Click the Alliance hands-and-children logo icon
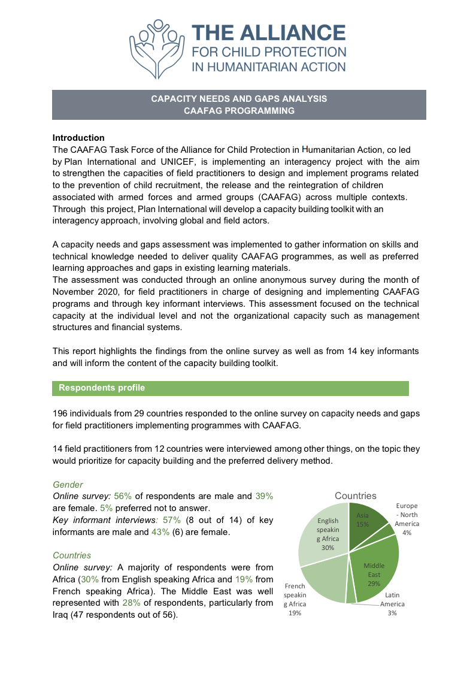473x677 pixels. pyautogui.click(x=155, y=49)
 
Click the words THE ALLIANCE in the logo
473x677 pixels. pyautogui.click(x=268, y=33)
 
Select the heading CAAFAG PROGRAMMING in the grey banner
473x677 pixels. pyautogui.click(x=239, y=111)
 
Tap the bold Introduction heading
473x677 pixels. pyautogui.click(x=78, y=138)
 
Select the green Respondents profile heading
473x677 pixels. pyautogui.click(x=102, y=388)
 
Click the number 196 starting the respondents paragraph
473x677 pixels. pyautogui.click(x=61, y=414)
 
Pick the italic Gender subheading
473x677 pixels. pyautogui.click(x=68, y=484)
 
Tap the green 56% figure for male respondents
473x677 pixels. pyautogui.click(x=122, y=496)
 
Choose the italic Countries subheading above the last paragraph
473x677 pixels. pyautogui.click(x=72, y=556)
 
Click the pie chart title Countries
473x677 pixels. pyautogui.click(x=356, y=495)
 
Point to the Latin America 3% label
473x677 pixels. pyautogui.click(x=392, y=604)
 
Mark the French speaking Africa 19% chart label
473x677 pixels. pyautogui.click(x=295, y=599)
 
